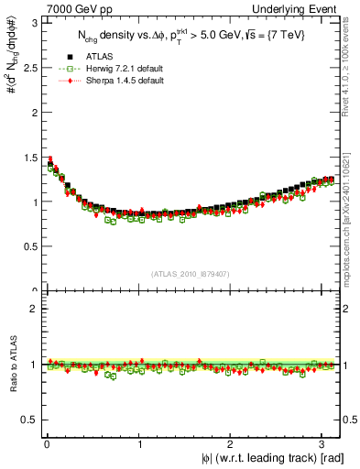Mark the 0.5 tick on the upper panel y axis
[x=27, y=246]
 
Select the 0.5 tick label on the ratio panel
[x=27, y=420]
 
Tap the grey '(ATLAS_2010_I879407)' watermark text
[x=191, y=272]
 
